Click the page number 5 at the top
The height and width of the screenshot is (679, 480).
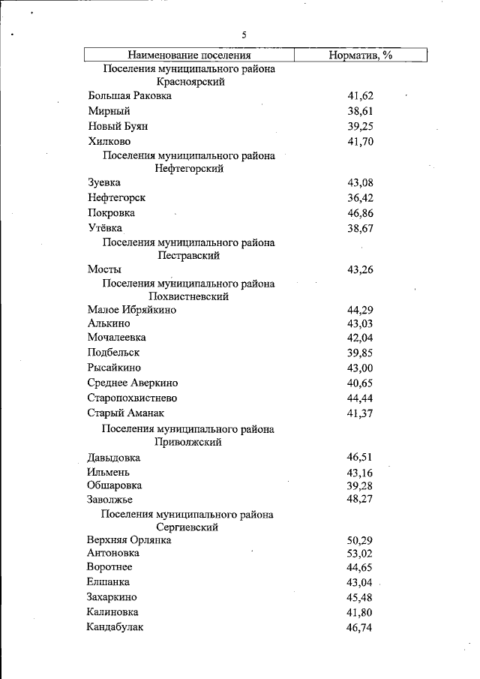[x=244, y=35]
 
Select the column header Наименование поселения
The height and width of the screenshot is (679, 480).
[x=188, y=56]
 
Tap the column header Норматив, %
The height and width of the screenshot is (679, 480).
[x=361, y=56]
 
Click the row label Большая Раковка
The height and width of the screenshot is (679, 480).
[x=129, y=96]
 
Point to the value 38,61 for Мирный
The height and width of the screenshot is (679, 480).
[x=360, y=111]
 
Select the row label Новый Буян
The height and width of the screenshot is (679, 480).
[x=118, y=126]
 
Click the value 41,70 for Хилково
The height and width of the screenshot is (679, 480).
[x=360, y=142]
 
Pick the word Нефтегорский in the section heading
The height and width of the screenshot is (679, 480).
[x=189, y=169]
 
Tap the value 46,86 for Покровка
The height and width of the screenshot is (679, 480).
[x=360, y=214]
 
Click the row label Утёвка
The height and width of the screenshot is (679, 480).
[x=104, y=228]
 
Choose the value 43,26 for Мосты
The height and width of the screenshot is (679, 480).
[x=360, y=270]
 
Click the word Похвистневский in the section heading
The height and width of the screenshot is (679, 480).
[x=189, y=296]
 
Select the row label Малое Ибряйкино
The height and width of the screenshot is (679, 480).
[x=131, y=310]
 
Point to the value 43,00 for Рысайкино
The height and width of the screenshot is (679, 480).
[x=360, y=368]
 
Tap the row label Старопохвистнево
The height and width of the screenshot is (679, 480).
[x=132, y=398]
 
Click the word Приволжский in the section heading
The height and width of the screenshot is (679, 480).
[x=188, y=442]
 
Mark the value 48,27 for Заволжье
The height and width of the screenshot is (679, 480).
[x=360, y=500]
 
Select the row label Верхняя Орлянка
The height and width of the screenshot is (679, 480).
[x=129, y=539]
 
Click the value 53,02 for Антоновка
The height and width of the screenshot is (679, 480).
[x=360, y=554]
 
